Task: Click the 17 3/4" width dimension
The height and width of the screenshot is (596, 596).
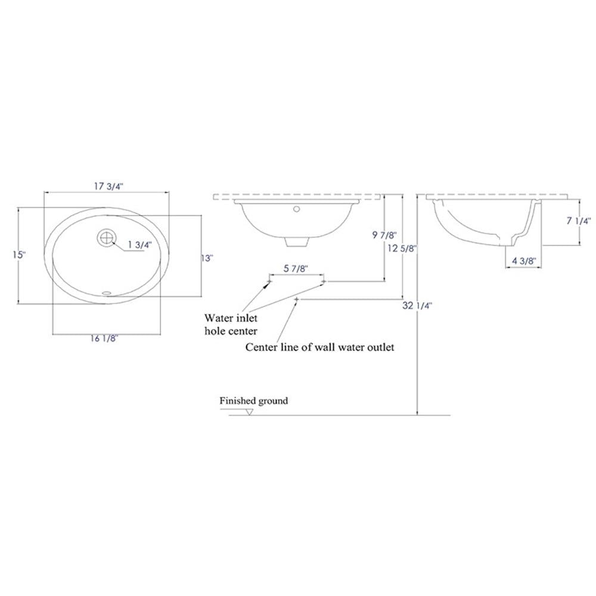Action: (108, 186)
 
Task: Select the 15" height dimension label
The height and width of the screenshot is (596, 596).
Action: (18, 254)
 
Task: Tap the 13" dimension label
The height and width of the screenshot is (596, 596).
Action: (207, 258)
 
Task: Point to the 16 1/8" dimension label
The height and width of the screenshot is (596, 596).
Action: (104, 339)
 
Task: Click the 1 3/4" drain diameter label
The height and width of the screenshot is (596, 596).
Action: (139, 245)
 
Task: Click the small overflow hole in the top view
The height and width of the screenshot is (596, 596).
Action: (107, 293)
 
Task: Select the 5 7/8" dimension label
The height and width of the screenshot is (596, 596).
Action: (296, 268)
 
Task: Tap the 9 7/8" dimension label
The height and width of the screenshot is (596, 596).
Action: (384, 235)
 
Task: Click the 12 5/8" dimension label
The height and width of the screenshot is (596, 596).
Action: (402, 249)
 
